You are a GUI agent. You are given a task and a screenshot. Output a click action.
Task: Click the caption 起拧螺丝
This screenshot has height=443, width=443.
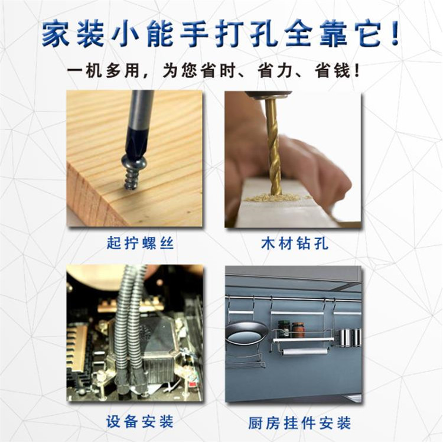coord(140,243)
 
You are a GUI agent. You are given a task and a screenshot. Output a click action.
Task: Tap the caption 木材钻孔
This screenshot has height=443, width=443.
coord(294,243)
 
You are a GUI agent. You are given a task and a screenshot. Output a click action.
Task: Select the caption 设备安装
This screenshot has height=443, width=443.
coord(139,422)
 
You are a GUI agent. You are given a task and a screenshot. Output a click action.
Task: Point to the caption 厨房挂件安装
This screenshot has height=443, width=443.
coord(299,423)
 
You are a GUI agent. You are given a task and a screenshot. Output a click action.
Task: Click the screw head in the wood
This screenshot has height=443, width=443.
coord(131,162)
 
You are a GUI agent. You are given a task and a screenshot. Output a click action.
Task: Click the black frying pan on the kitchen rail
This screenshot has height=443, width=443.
coord(247,334)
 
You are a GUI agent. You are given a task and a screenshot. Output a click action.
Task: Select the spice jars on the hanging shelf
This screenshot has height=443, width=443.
coord(291,329)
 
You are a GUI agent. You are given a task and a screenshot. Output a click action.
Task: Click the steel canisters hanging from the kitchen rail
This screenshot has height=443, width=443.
coord(350,338)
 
